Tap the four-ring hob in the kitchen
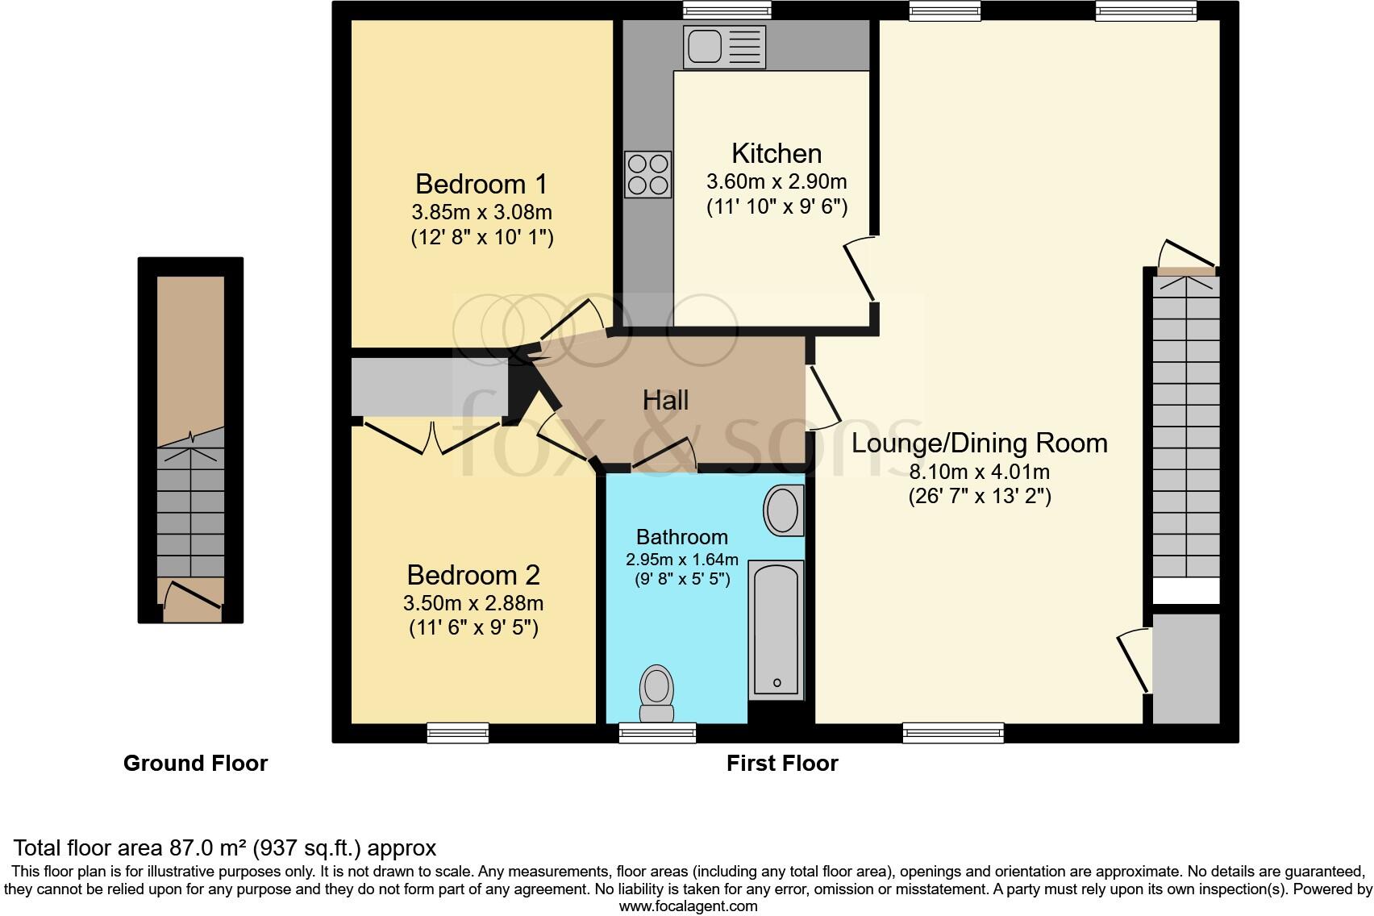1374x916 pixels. [x=647, y=174]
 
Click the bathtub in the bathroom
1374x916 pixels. [x=777, y=630]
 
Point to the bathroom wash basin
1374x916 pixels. [x=782, y=510]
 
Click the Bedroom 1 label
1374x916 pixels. [x=481, y=184]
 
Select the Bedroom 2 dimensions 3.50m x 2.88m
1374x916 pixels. [x=473, y=603]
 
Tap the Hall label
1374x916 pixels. [x=665, y=400]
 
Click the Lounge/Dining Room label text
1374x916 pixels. [x=979, y=443]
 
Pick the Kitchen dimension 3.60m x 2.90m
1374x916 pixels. [x=776, y=181]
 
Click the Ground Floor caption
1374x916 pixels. [x=195, y=763]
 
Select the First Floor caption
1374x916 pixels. [x=782, y=763]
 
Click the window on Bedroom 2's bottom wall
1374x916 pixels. [x=458, y=732]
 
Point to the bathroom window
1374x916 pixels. [x=657, y=732]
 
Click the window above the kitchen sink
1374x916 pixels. [x=727, y=10]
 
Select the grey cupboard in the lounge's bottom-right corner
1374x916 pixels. [x=1186, y=668]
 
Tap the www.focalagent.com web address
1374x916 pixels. [x=688, y=906]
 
